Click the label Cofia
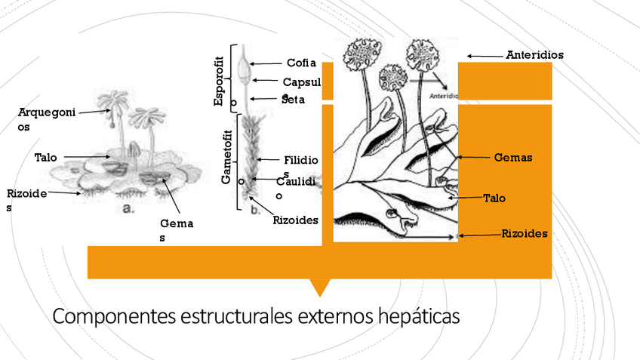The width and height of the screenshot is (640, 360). point(301,63)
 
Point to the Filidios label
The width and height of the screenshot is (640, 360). point(301,161)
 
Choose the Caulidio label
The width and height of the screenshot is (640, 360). point(291,182)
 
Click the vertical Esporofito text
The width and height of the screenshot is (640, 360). point(220,81)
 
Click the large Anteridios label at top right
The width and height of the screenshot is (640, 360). point(534,55)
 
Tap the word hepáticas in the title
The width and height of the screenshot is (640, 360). point(417,315)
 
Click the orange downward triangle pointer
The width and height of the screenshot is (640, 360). point(320,287)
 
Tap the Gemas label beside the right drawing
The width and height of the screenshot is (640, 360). point(512,158)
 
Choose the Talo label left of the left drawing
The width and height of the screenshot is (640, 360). point(45,158)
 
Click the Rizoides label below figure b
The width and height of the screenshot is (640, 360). point(296,220)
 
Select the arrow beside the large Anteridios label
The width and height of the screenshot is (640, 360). point(485,55)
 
